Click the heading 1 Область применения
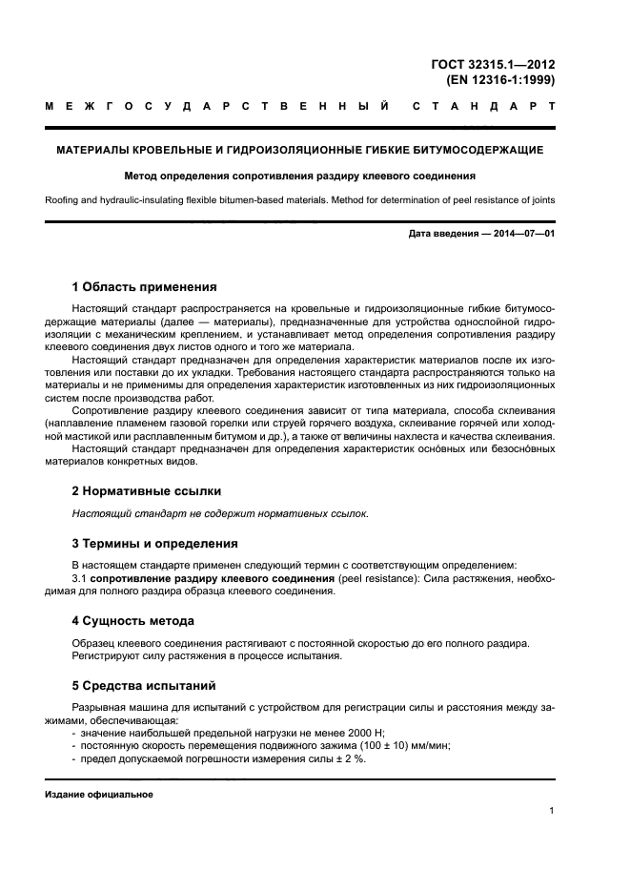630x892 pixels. pyautogui.click(x=145, y=286)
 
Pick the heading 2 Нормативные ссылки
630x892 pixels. pyautogui.click(x=147, y=491)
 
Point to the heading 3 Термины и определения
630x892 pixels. pyautogui.click(x=155, y=544)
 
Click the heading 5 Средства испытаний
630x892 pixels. pyautogui.click(x=145, y=685)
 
